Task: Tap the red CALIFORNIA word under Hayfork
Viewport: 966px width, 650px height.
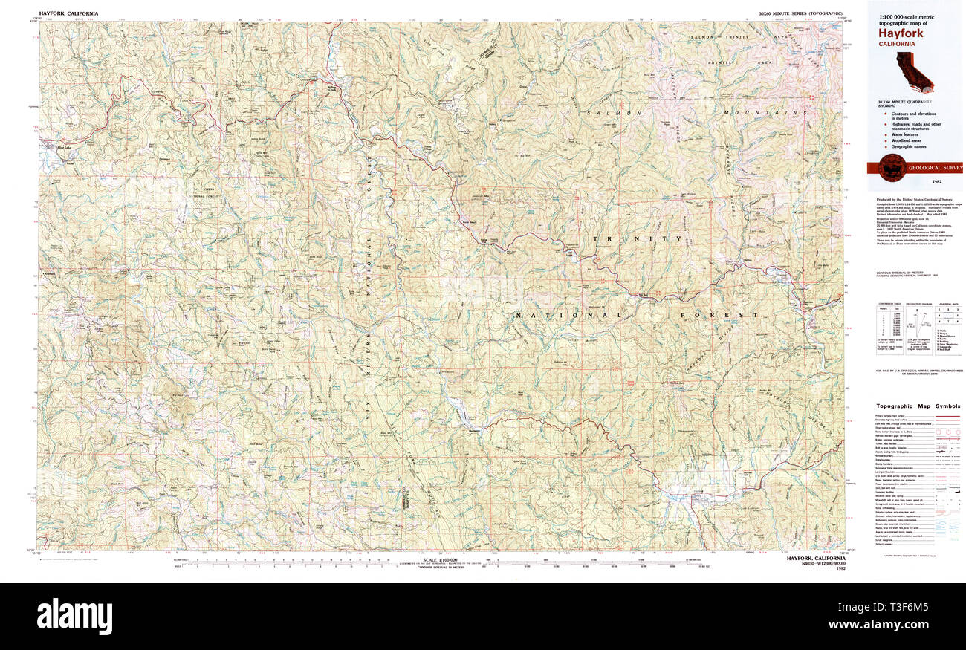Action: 897,45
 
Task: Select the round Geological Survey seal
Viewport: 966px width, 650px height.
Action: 891,169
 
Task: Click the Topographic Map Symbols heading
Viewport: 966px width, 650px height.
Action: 918,406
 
